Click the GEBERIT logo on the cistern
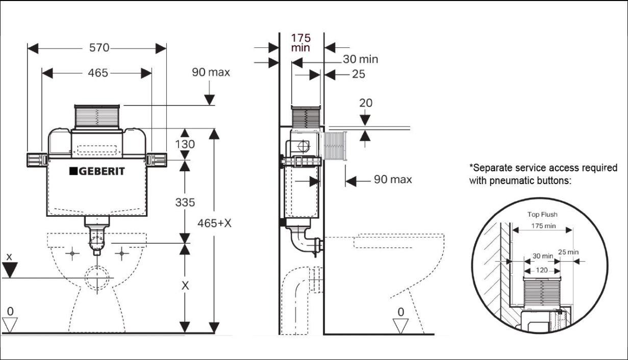[x=97, y=171]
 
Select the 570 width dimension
[x=99, y=48]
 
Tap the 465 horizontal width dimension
[x=98, y=73]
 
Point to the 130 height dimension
[x=185, y=144]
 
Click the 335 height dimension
[x=185, y=202]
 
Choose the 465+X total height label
[x=214, y=223]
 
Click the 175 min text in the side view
[x=300, y=43]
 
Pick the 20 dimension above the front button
[x=366, y=103]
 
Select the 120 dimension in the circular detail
[x=542, y=270]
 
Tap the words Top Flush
[x=542, y=215]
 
